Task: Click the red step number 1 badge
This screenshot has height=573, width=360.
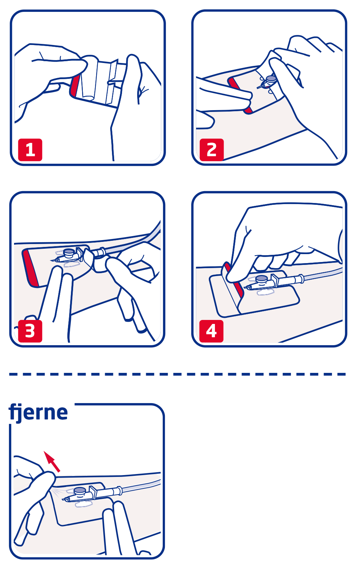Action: [30, 150]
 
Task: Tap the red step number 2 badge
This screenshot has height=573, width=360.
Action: [212, 150]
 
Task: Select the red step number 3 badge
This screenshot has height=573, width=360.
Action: [30, 331]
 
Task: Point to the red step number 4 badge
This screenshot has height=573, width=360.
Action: [211, 331]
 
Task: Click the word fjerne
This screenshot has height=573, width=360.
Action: [38, 412]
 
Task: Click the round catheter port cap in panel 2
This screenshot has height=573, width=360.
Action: [271, 78]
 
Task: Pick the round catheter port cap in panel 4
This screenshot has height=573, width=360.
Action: [261, 279]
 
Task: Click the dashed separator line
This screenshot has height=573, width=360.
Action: [177, 374]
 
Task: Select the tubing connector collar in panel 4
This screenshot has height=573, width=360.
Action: [302, 279]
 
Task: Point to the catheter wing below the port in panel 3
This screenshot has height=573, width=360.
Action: [72, 264]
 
